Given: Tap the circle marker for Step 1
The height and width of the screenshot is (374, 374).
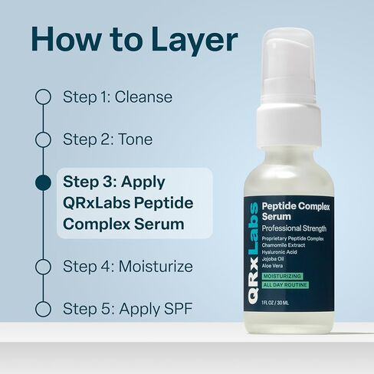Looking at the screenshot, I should pyautogui.click(x=43, y=97).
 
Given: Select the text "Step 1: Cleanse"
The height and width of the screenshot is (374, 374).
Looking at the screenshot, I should pyautogui.click(x=117, y=97).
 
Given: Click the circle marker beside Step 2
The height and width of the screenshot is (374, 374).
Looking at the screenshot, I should pyautogui.click(x=43, y=139).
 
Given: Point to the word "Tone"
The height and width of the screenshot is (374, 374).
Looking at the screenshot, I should pyautogui.click(x=136, y=139).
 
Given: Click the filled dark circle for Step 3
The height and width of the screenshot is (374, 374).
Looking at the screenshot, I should pyautogui.click(x=43, y=182).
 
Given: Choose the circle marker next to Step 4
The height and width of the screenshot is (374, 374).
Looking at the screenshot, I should pyautogui.click(x=43, y=267).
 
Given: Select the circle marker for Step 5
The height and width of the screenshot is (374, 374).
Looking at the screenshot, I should pyautogui.click(x=43, y=309).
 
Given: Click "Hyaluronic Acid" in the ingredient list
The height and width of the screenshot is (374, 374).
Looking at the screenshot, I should pyautogui.click(x=281, y=251).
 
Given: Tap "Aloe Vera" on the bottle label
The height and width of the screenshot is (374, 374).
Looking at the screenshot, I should pyautogui.click(x=274, y=265).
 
